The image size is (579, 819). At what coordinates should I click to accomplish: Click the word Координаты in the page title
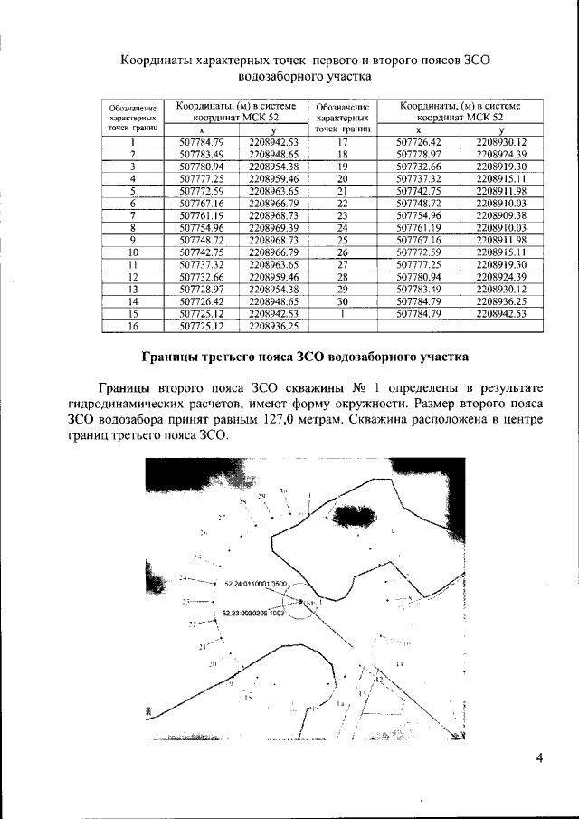[160, 60]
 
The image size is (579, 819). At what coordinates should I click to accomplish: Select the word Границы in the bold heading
[180, 356]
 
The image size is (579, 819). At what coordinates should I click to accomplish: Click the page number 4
[537, 758]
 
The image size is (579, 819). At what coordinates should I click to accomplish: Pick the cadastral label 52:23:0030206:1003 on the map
[253, 613]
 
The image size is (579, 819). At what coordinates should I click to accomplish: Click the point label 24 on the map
[184, 577]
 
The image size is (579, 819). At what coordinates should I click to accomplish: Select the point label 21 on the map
[202, 647]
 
